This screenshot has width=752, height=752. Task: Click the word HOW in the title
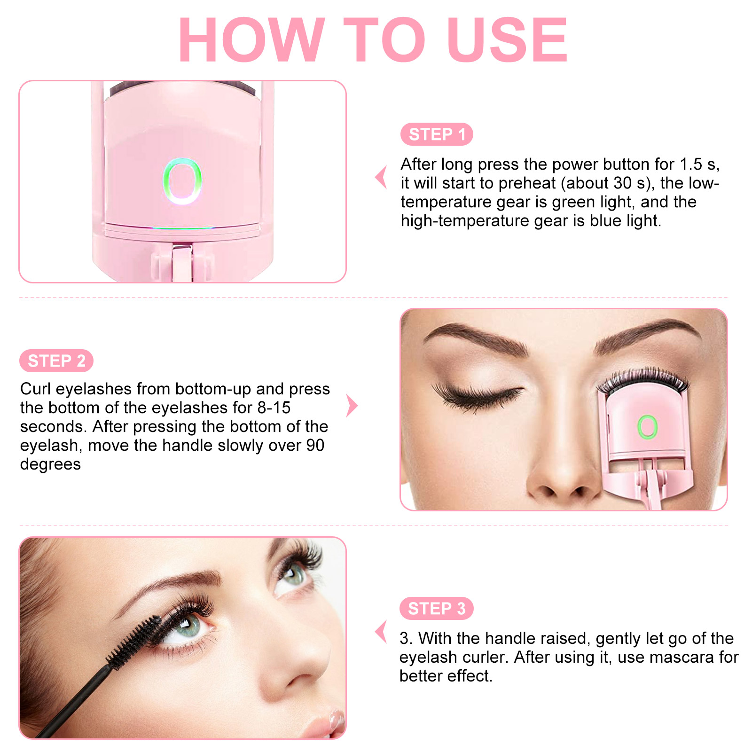(252, 40)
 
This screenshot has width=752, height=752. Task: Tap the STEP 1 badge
(437, 134)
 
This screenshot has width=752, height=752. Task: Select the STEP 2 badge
(56, 361)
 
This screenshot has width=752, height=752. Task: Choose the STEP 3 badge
(436, 609)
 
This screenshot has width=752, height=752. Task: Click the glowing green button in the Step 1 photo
(182, 181)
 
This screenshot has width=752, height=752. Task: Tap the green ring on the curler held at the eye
(647, 427)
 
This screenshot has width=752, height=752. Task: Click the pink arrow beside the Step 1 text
(382, 178)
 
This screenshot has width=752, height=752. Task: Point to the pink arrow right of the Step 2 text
(352, 406)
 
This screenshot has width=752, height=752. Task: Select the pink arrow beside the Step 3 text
(382, 632)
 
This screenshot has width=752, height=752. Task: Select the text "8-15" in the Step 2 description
(274, 408)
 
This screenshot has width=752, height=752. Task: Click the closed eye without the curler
(477, 394)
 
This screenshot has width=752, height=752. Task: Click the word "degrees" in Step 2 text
(50, 464)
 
